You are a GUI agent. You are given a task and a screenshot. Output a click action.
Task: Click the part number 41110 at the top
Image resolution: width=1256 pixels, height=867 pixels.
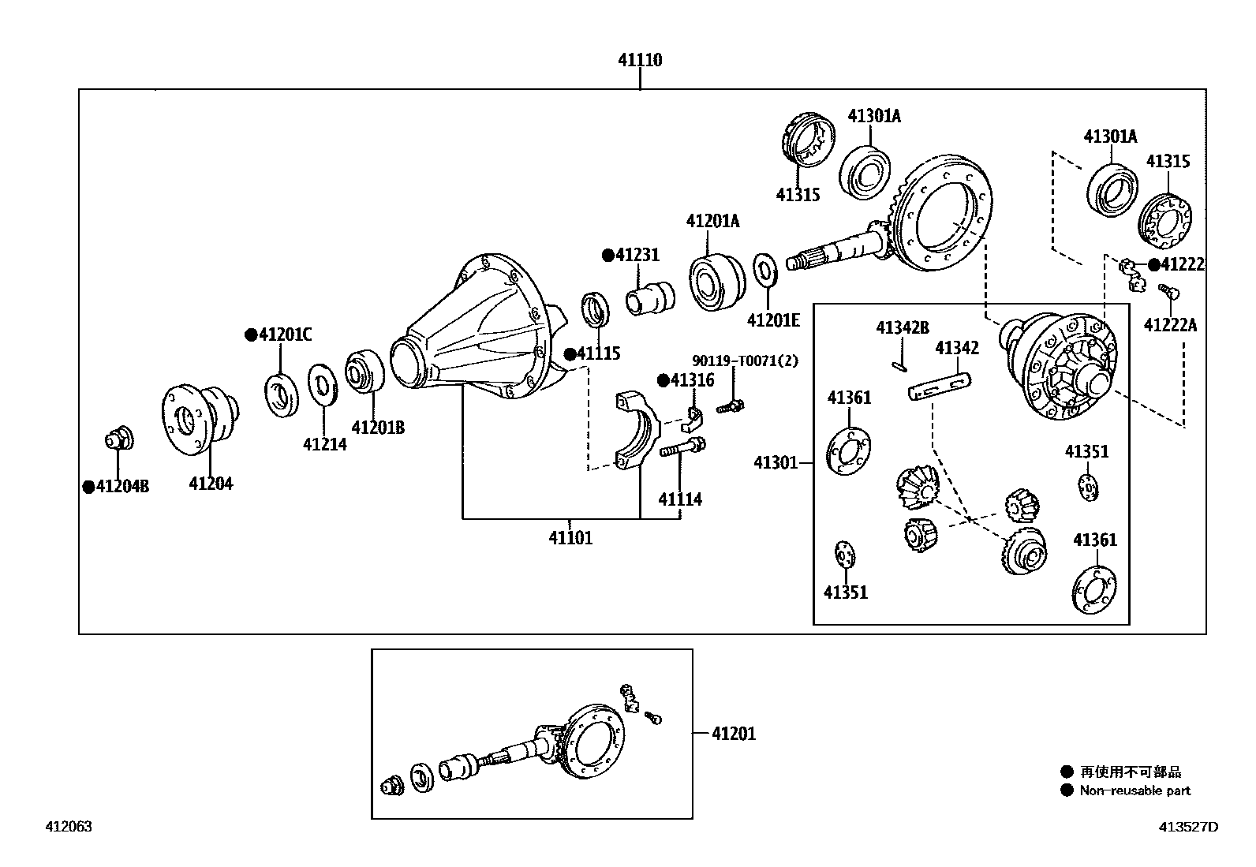(x=639, y=60)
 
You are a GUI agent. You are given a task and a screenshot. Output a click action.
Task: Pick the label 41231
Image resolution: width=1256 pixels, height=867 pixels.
(x=637, y=255)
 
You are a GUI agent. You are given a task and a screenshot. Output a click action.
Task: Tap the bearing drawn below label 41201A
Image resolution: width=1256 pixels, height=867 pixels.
(x=716, y=281)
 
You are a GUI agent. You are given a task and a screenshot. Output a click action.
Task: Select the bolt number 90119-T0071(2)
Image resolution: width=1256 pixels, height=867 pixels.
(x=746, y=361)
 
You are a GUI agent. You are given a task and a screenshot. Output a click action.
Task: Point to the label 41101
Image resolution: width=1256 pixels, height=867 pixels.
(x=570, y=538)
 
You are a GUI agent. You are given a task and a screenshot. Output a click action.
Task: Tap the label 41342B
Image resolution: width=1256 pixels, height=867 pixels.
(x=902, y=328)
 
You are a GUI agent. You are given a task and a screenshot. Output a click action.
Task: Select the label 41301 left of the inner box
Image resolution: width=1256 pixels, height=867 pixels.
(x=776, y=463)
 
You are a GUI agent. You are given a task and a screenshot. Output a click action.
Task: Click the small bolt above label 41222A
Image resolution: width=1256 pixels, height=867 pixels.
(x=1168, y=293)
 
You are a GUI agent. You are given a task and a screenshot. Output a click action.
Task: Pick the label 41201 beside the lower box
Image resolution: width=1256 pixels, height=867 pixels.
(x=734, y=734)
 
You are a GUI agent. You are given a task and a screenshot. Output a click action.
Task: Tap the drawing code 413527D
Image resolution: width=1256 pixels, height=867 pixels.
(x=1187, y=827)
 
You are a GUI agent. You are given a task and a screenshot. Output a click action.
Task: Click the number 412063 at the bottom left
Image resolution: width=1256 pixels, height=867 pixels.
(x=69, y=827)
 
